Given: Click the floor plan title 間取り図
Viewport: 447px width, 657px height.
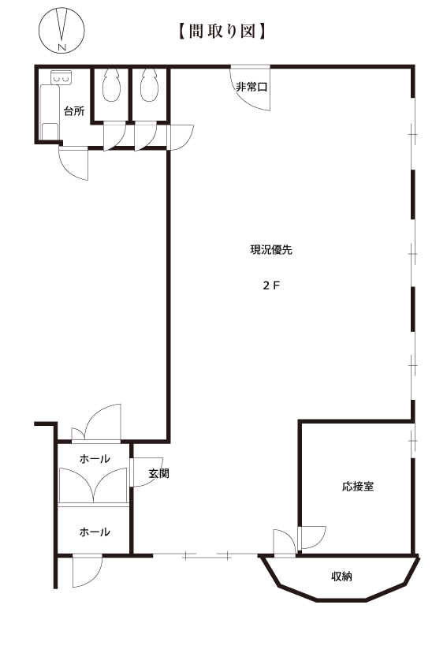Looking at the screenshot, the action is pyautogui.click(x=222, y=32).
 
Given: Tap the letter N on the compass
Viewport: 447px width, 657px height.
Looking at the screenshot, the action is pyautogui.click(x=62, y=47).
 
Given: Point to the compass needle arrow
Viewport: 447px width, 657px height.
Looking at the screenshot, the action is pyautogui.click(x=64, y=24).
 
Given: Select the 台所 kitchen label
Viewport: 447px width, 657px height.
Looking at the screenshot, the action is pyautogui.click(x=74, y=111).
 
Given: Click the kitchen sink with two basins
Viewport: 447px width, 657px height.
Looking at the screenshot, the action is pyautogui.click(x=61, y=77).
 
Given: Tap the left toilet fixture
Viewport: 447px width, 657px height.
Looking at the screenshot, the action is pyautogui.click(x=111, y=85).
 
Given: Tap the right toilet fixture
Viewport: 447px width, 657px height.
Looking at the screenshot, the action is pyautogui.click(x=149, y=85).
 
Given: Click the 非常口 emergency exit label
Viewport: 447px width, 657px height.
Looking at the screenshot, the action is pyautogui.click(x=251, y=87).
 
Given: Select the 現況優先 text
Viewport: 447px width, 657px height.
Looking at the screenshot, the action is pyautogui.click(x=271, y=250).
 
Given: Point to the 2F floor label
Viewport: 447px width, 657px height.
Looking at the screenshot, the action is pyautogui.click(x=271, y=286).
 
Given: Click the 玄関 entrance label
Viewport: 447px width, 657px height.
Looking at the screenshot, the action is pyautogui.click(x=158, y=474).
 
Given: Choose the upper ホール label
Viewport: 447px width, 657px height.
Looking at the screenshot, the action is pyautogui.click(x=95, y=459).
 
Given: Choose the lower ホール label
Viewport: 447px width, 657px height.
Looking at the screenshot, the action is pyautogui.click(x=95, y=532).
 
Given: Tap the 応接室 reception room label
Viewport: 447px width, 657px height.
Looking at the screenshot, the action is pyautogui.click(x=358, y=487).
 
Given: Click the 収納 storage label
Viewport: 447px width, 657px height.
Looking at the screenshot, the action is pyautogui.click(x=341, y=577).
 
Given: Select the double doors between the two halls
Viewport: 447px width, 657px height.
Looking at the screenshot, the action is pyautogui.click(x=93, y=485).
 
